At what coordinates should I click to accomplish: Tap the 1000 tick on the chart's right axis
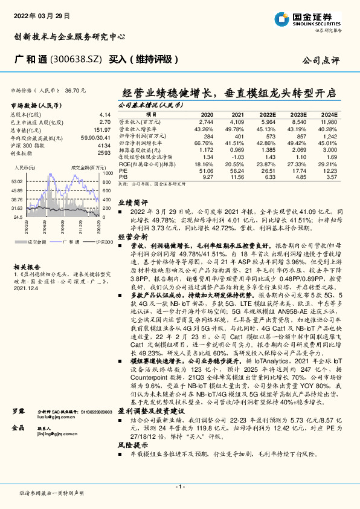[x=108, y=172]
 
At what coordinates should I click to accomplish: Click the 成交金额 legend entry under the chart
[x=37, y=241]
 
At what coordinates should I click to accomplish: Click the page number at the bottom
[x=179, y=486]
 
